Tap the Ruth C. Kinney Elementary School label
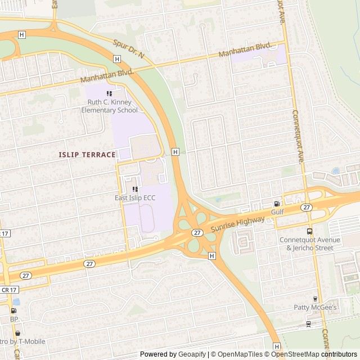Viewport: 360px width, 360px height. click(109, 106)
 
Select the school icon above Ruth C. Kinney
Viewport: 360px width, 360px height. click(109, 93)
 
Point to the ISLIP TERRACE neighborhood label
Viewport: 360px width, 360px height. click(87, 155)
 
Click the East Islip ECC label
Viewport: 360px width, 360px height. click(135, 198)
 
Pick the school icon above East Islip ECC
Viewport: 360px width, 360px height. click(135, 189)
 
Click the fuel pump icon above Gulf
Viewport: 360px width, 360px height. click(277, 204)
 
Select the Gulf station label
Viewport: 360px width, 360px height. click(277, 212)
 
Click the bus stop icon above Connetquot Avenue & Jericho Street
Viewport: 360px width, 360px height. click(310, 231)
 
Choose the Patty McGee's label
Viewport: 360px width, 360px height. click(315, 308)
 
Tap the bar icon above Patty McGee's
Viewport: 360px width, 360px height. click(315, 299)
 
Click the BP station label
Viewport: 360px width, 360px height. click(14, 319)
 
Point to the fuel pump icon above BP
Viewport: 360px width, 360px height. click(14, 310)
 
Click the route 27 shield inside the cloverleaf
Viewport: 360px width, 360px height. click(197, 232)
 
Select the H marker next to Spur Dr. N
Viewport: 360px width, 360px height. click(116, 58)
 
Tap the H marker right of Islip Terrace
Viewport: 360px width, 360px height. click(175, 152)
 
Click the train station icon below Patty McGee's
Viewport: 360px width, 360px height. click(308, 323)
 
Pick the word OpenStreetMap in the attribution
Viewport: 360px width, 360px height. click(295, 354)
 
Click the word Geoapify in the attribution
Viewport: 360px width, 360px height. click(192, 354)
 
